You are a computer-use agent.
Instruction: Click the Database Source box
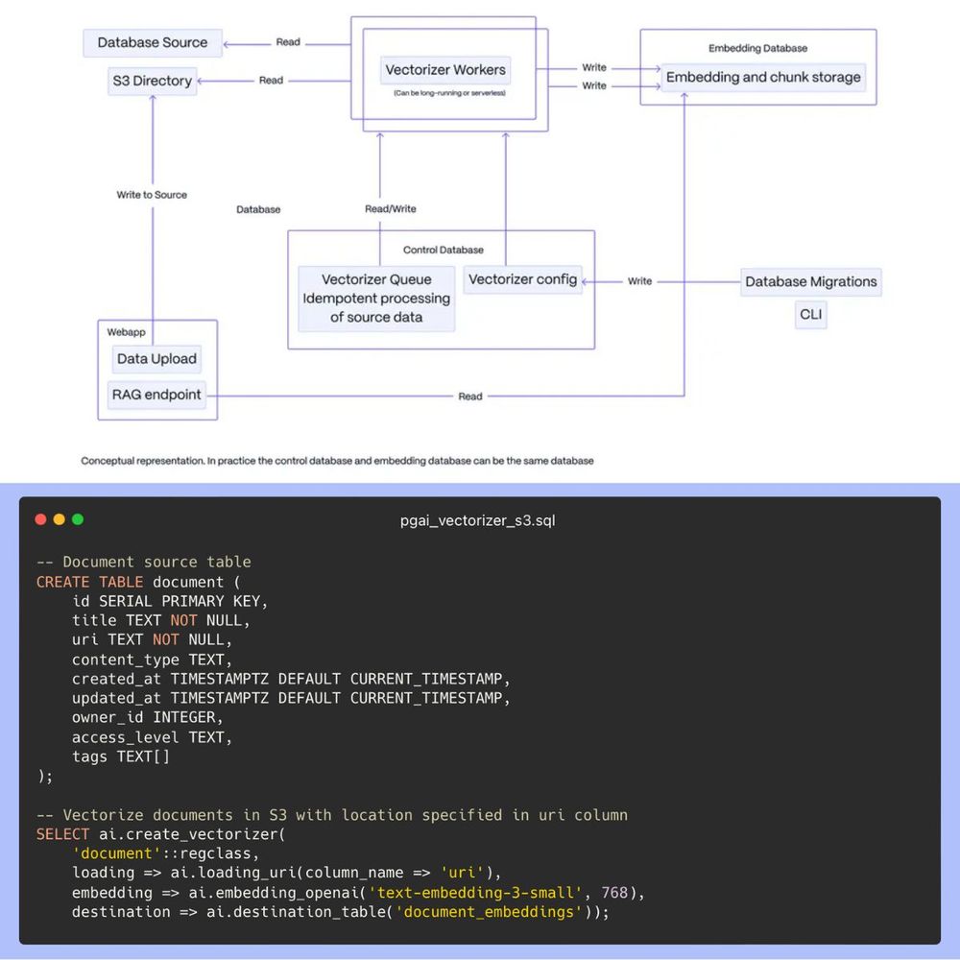[153, 42]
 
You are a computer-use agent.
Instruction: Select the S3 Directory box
[152, 81]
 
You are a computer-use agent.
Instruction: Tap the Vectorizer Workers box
[444, 70]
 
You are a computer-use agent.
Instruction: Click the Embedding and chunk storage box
[763, 77]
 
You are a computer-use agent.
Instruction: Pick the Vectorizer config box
[522, 279]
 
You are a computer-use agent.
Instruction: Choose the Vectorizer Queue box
[376, 299]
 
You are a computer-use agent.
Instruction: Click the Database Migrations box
[810, 281]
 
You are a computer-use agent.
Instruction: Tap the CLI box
[810, 314]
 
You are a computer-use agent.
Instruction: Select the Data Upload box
[156, 359]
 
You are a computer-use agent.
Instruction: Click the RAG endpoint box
[156, 394]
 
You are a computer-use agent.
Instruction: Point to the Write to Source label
[152, 195]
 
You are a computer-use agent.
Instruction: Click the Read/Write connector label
[391, 208]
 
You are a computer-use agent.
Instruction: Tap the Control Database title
[443, 250]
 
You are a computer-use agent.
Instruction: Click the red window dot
[40, 519]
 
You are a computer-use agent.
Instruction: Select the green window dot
[78, 519]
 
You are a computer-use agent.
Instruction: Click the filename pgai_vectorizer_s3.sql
[477, 520]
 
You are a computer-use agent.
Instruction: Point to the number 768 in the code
[614, 892]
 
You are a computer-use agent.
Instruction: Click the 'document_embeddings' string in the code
[490, 911]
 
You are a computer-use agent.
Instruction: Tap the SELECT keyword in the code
[62, 834]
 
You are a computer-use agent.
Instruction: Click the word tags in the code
[90, 756]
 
